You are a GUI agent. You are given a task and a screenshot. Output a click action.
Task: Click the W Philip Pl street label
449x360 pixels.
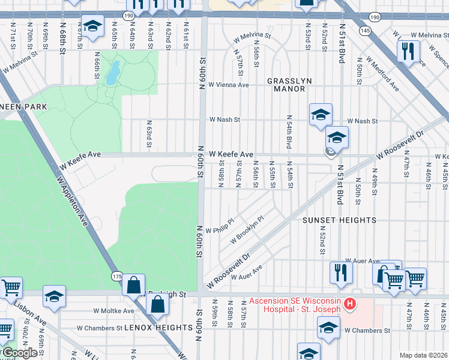pyautogui.click(x=218, y=230)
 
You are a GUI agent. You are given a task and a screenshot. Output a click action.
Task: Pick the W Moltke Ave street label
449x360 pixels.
pyautogui.click(x=113, y=311)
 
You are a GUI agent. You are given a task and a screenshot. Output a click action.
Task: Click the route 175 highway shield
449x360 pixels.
pyautogui.click(x=117, y=275)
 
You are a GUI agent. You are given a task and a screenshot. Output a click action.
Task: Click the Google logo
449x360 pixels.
pyautogui.click(x=19, y=353)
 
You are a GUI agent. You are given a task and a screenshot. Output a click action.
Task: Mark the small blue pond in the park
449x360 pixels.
pyautogui.click(x=112, y=73)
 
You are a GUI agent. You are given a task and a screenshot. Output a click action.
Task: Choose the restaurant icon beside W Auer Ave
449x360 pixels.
pyautogui.click(x=341, y=273)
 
